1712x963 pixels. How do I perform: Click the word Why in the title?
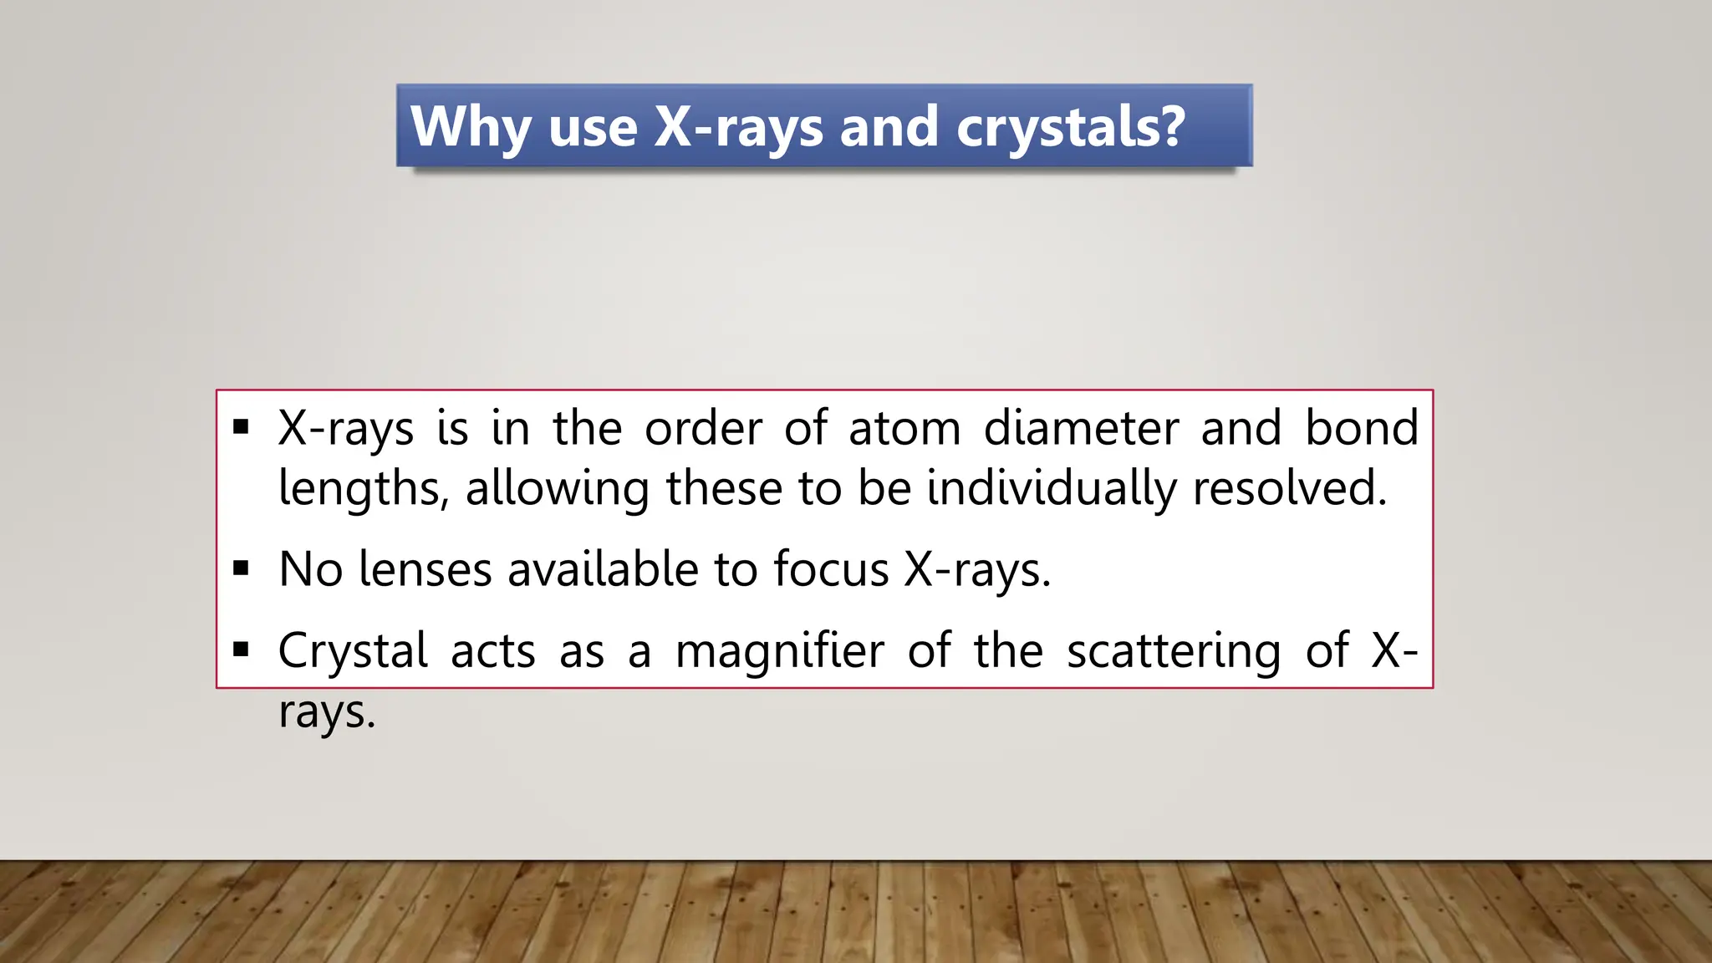click(x=471, y=127)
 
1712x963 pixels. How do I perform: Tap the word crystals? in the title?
click(x=1070, y=127)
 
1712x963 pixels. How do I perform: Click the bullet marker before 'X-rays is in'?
click(x=242, y=428)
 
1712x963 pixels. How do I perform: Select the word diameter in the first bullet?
click(x=1081, y=428)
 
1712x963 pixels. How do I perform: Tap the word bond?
click(x=1362, y=428)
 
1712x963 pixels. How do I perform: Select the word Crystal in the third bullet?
click(x=354, y=650)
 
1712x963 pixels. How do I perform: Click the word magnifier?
click(x=779, y=650)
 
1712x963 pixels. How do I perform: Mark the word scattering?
click(x=1174, y=650)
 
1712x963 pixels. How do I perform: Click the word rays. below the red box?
click(x=327, y=712)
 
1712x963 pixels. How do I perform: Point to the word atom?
click(x=904, y=428)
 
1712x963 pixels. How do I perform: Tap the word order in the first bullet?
click(x=703, y=428)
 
